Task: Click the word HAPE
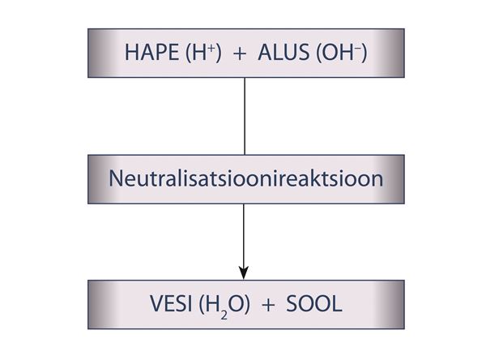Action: [x=151, y=52]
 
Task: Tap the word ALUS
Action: [x=283, y=52]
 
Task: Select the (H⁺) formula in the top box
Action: [x=203, y=53]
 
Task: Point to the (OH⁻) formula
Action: [x=341, y=53]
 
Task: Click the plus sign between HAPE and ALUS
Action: [x=240, y=54]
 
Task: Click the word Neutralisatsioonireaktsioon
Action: [x=245, y=178]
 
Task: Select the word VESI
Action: [x=170, y=303]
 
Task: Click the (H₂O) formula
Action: [x=224, y=305]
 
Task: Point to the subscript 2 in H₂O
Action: [x=224, y=315]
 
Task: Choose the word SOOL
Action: [x=314, y=303]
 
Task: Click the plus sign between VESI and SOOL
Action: [x=268, y=306]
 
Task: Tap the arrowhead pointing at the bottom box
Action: [x=244, y=272]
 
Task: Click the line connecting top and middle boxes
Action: [x=245, y=116]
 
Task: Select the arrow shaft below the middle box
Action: [x=244, y=235]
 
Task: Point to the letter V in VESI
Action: [x=158, y=303]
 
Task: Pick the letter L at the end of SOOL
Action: [x=337, y=303]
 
